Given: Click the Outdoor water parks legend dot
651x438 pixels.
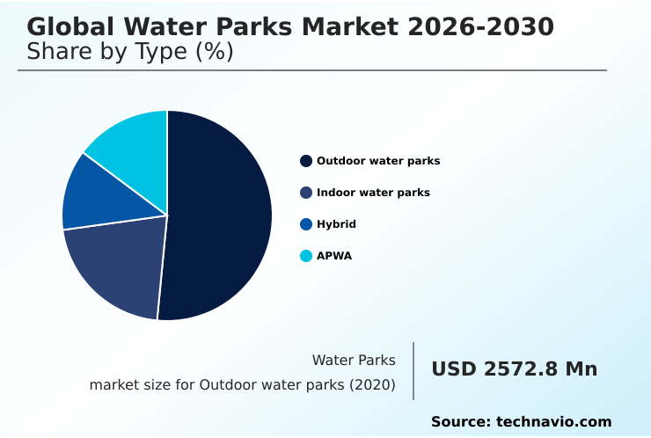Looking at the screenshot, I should (x=306, y=161).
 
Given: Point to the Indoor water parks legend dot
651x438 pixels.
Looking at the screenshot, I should (x=306, y=193).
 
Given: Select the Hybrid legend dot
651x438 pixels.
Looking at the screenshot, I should (x=306, y=224).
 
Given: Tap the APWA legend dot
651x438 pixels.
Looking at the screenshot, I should (x=306, y=256).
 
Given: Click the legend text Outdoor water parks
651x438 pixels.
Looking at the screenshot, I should (x=378, y=161).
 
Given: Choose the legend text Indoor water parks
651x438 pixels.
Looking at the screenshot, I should (x=373, y=193).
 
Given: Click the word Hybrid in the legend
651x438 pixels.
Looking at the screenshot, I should (x=336, y=224).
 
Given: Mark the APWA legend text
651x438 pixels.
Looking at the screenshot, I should (x=334, y=256).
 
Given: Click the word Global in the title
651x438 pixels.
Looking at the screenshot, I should (x=70, y=27).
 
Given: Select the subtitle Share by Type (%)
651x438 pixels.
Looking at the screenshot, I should (x=130, y=52).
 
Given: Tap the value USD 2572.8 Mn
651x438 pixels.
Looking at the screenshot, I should (x=514, y=369).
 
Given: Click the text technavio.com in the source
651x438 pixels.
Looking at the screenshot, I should (x=553, y=422).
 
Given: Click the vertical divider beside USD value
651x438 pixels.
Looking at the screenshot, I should (x=413, y=371).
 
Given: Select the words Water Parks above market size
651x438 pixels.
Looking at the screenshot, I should (x=354, y=361).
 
